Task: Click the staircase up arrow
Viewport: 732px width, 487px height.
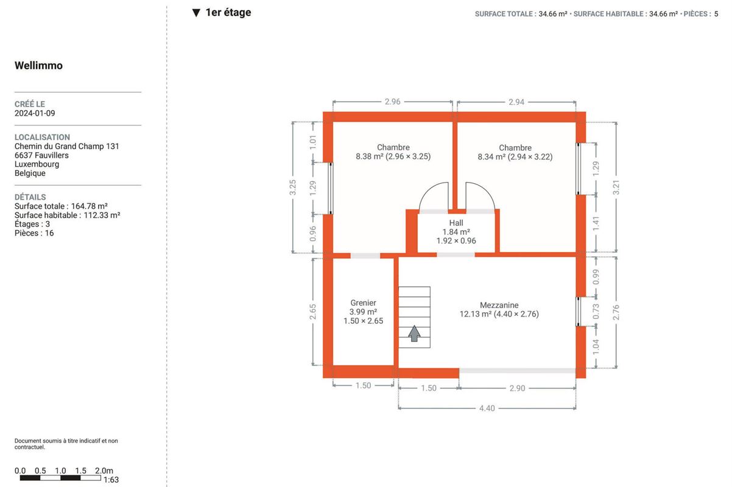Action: pyautogui.click(x=414, y=334)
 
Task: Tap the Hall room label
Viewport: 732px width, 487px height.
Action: pyautogui.click(x=456, y=223)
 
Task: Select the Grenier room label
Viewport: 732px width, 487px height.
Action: pyautogui.click(x=363, y=303)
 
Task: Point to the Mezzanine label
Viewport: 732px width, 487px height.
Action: pyautogui.click(x=499, y=305)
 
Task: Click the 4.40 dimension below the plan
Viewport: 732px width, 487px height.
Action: pyautogui.click(x=487, y=408)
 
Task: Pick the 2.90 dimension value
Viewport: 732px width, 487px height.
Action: pyautogui.click(x=517, y=388)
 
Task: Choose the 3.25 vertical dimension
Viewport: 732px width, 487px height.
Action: pyautogui.click(x=293, y=187)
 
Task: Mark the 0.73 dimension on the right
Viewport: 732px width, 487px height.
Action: pyautogui.click(x=596, y=312)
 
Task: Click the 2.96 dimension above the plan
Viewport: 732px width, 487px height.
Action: pyautogui.click(x=392, y=102)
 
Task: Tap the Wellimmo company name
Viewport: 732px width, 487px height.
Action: pyautogui.click(x=38, y=66)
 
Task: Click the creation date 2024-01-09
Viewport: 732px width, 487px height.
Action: pyautogui.click(x=35, y=113)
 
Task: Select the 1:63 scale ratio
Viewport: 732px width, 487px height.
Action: pyautogui.click(x=111, y=480)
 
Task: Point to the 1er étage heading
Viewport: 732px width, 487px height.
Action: pyautogui.click(x=228, y=12)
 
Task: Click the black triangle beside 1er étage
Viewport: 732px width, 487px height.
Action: pyautogui.click(x=196, y=13)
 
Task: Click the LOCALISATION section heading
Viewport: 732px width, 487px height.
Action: pyautogui.click(x=42, y=137)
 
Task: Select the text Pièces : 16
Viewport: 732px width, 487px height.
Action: pyautogui.click(x=34, y=233)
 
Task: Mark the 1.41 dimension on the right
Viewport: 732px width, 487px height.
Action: pyautogui.click(x=596, y=224)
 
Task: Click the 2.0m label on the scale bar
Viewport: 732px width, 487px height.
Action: pyautogui.click(x=104, y=471)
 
